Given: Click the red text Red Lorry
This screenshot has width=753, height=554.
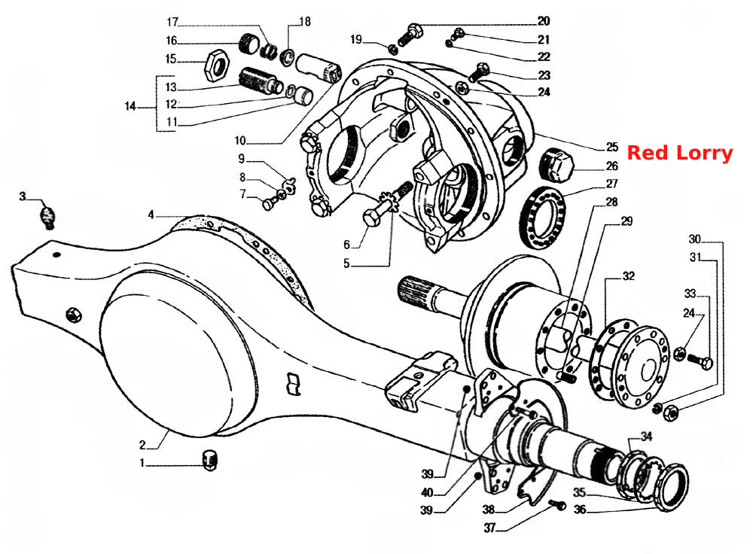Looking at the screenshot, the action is click(679, 153).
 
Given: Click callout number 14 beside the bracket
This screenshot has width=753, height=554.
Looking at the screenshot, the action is click(130, 106).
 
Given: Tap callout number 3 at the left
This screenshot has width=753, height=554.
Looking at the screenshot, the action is click(22, 196).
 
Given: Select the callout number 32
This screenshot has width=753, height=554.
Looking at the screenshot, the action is click(628, 276).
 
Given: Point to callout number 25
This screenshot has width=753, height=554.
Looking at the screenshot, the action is click(611, 147).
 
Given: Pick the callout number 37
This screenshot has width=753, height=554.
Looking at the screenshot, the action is click(489, 528).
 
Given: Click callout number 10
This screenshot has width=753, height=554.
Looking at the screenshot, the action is click(240, 141).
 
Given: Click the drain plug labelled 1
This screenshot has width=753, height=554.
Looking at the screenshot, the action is click(210, 460).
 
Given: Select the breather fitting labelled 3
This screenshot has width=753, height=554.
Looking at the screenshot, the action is click(47, 217).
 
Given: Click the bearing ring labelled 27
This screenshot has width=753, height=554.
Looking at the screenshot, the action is click(543, 218).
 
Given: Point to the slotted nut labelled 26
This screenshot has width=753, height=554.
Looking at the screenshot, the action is click(556, 165).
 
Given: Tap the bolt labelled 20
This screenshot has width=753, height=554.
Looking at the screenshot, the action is click(410, 35).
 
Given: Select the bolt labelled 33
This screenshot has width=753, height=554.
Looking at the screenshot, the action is click(700, 361).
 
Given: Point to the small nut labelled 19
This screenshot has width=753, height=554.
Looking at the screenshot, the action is click(392, 48).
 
